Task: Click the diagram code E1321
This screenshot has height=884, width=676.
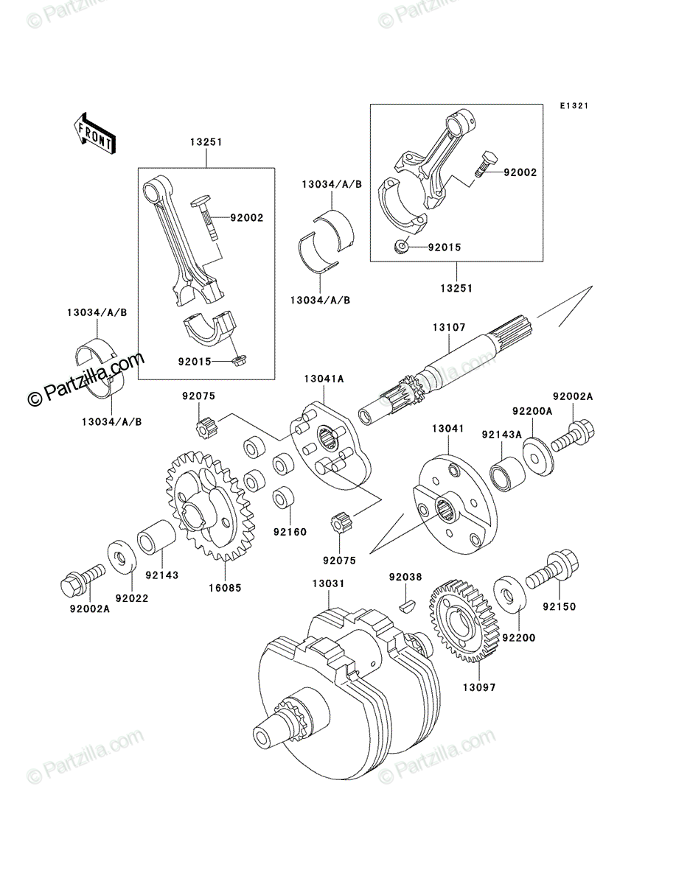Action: pos(574,106)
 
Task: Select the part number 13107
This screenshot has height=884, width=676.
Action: pos(449,327)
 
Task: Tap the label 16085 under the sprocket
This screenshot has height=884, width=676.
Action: pos(225,588)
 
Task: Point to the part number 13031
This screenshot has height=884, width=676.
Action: pos(328,583)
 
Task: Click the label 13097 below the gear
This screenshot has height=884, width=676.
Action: pos(479,687)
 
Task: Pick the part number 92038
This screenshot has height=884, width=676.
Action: pos(405,577)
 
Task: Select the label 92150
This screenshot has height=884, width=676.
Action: pos(560,606)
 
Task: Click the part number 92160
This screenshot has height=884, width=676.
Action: pos(290,532)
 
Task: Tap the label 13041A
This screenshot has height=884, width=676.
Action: pos(324,379)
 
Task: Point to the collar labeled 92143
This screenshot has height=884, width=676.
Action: pos(157,538)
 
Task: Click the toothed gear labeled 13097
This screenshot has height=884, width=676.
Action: pos(464,627)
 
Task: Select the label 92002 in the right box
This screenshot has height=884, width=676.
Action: pos(520,172)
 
